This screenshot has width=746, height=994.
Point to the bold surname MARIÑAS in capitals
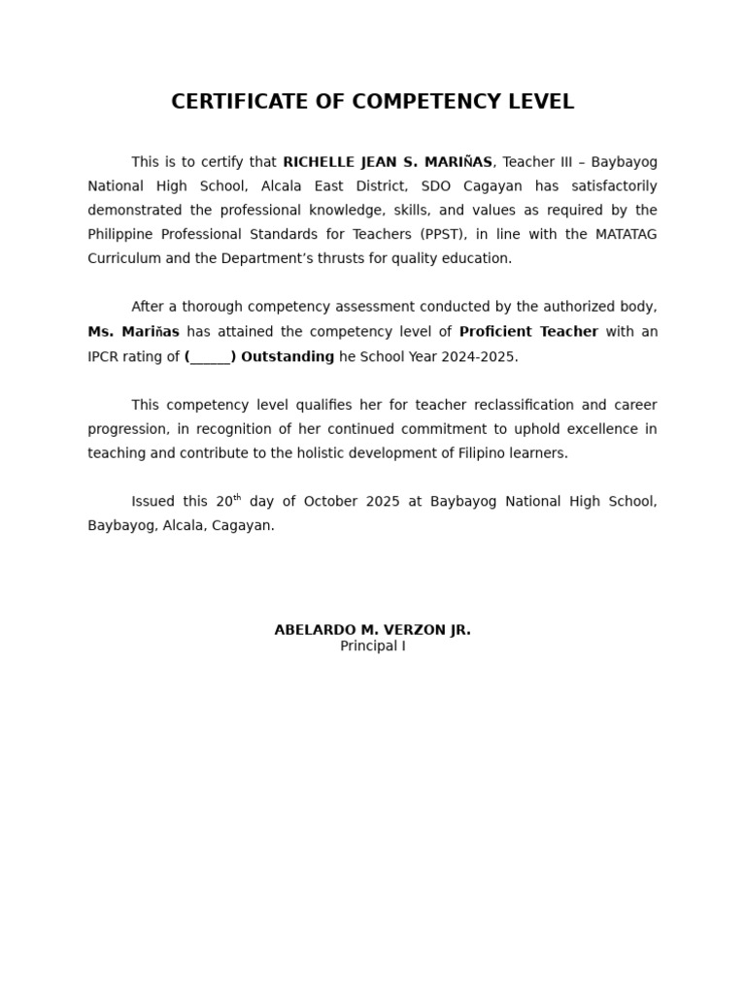pyautogui.click(x=458, y=162)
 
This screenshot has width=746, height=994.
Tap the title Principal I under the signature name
pyautogui.click(x=372, y=646)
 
